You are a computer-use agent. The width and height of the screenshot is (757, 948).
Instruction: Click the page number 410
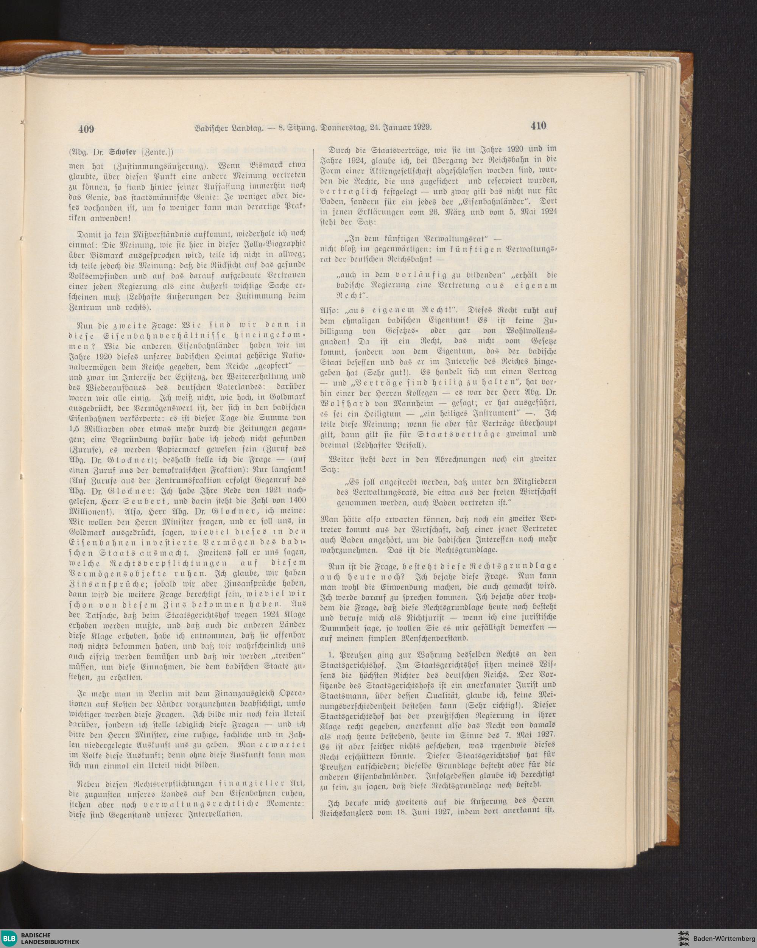click(538, 126)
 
